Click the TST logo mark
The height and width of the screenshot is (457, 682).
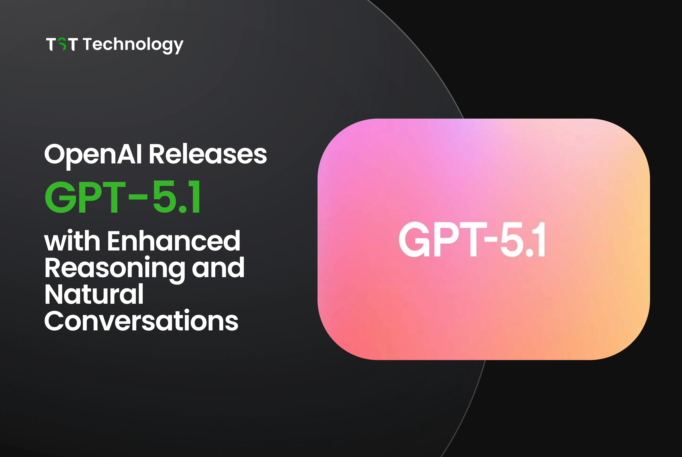(62, 44)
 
